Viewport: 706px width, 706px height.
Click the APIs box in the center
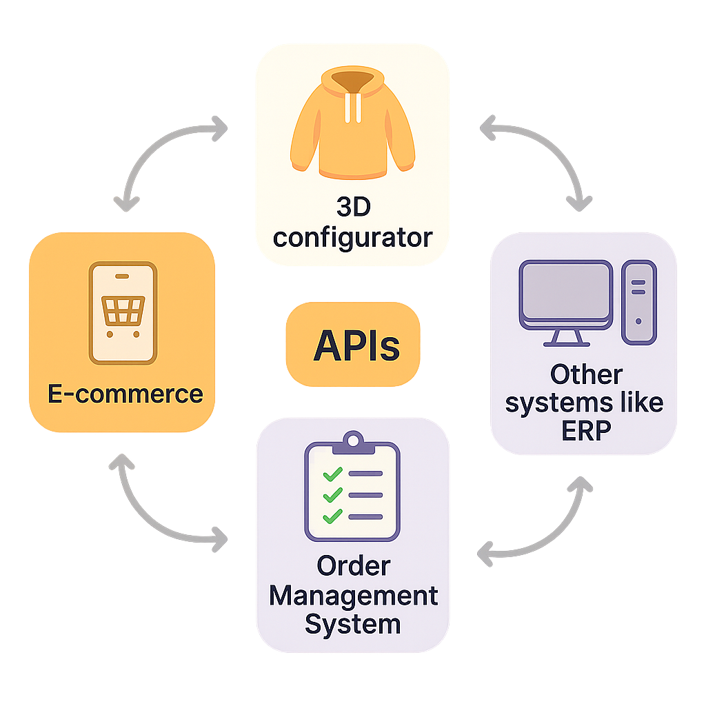[x=353, y=344]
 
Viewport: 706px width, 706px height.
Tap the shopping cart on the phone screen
[x=123, y=311]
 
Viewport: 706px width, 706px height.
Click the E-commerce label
[x=125, y=394]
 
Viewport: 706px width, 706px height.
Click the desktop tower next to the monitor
[x=639, y=302]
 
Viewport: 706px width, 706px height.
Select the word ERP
[x=585, y=430]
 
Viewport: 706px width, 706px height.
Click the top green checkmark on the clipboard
[x=333, y=474]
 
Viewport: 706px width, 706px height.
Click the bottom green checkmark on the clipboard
[x=333, y=516]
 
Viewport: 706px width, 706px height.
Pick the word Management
[x=353, y=595]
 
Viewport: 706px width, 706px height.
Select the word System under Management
[x=352, y=624]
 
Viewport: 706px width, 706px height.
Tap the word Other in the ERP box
[x=586, y=375]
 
